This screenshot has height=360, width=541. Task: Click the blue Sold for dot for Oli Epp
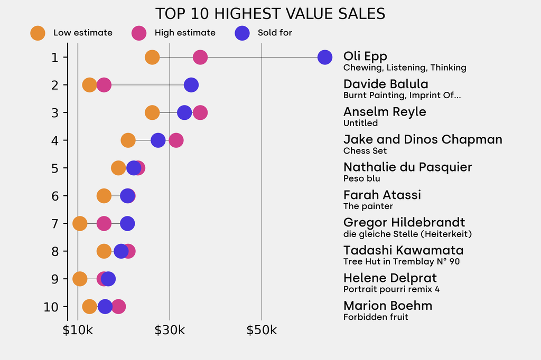tap(325, 57)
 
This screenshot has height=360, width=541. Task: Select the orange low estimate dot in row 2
tap(90, 85)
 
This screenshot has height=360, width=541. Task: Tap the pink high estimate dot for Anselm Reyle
tap(200, 112)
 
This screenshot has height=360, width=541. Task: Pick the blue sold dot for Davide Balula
tap(191, 85)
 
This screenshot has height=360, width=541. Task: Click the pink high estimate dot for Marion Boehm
tap(118, 307)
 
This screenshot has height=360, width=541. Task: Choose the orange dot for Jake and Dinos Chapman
tap(128, 140)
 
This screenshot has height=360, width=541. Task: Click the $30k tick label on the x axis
tap(170, 331)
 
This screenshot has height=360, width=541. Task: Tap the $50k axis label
tap(262, 331)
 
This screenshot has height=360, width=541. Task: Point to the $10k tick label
tap(78, 331)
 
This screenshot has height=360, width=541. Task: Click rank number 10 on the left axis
tap(51, 307)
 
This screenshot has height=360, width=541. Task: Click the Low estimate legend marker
tap(38, 33)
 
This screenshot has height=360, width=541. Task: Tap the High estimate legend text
tap(185, 33)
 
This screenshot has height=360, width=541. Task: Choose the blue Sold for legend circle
tap(241, 33)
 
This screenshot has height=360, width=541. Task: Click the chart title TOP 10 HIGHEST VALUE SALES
tap(270, 14)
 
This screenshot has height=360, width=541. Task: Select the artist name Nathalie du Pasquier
tap(407, 167)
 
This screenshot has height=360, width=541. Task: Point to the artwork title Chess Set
tap(365, 151)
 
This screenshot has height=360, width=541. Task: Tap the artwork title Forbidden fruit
tap(376, 317)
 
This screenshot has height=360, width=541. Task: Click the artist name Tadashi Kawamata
tap(403, 250)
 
